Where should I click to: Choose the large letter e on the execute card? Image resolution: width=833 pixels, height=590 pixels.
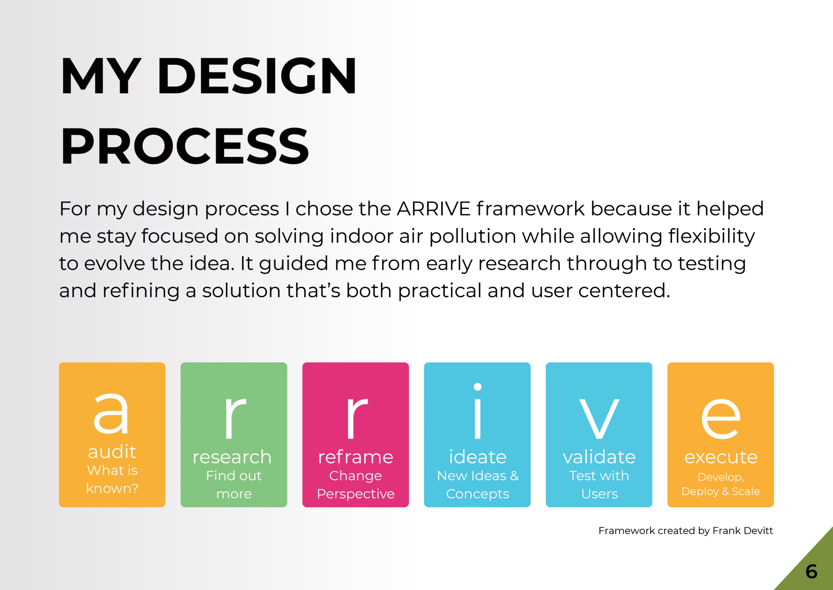pyautogui.click(x=721, y=418)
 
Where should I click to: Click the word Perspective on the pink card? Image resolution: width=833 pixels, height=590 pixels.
pyautogui.click(x=356, y=494)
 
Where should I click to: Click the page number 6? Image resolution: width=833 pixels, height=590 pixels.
pyautogui.click(x=812, y=572)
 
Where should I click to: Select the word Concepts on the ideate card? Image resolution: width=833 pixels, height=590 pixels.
pyautogui.click(x=478, y=494)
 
